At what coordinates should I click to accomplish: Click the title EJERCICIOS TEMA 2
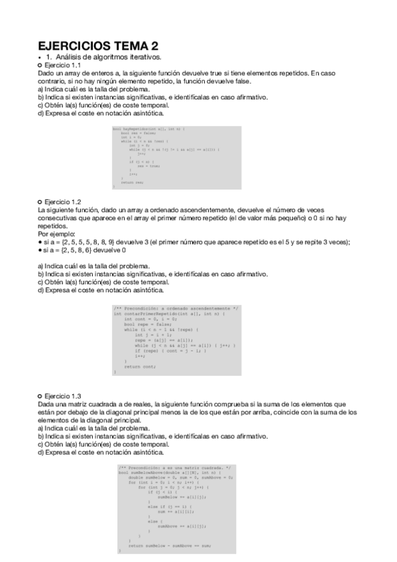pyautogui.click(x=98, y=46)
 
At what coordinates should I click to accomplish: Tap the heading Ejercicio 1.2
pyautogui.click(x=61, y=201)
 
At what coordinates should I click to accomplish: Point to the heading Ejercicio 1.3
pyautogui.click(x=61, y=396)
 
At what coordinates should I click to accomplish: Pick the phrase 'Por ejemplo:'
pyautogui.click(x=56, y=234)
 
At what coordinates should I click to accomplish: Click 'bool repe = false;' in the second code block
pyautogui.click(x=143, y=324)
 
